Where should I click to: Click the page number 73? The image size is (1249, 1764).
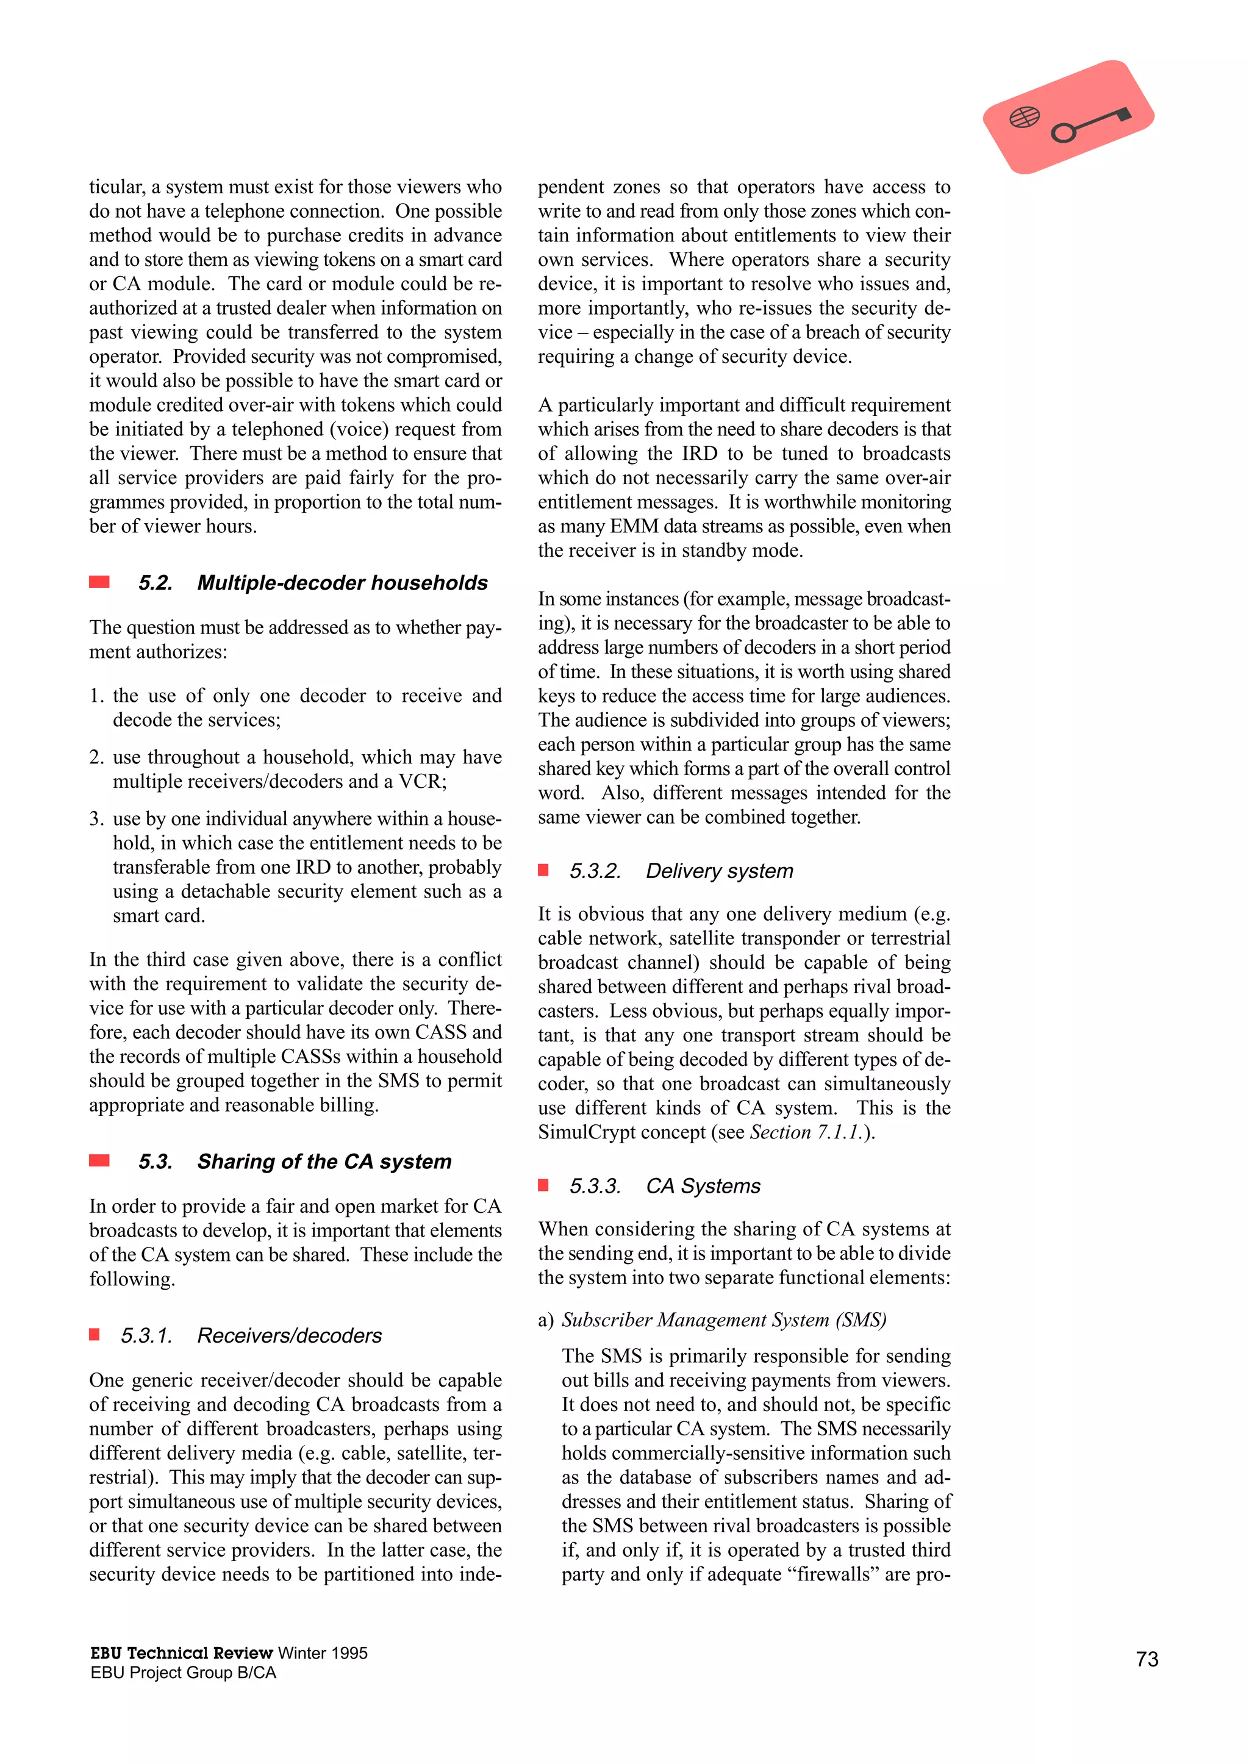pos(1146,1659)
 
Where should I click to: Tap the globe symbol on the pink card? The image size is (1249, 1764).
pos(1025,118)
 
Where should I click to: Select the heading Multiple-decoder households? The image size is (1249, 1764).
pos(342,583)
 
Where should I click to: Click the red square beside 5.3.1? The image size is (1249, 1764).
pos(95,1335)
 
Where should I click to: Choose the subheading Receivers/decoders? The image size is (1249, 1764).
pos(289,1336)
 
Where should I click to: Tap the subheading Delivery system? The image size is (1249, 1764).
pos(719,871)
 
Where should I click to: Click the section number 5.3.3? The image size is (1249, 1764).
pos(595,1186)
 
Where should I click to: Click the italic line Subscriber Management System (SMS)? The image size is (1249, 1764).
pos(724,1319)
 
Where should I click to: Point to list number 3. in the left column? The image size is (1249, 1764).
pos(96,818)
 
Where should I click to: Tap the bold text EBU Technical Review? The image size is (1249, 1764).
pos(182,1652)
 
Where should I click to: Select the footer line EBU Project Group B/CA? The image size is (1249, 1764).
pos(183,1673)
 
